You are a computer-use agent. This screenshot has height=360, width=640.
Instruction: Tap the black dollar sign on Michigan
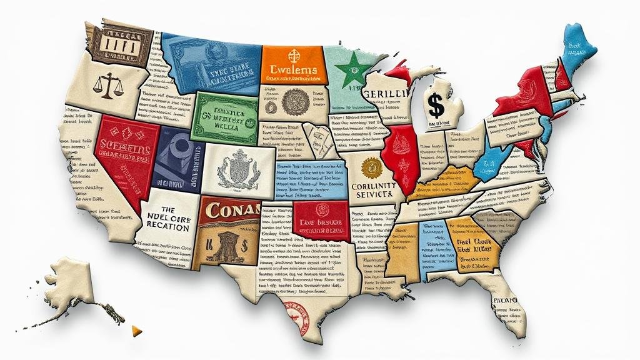[x=437, y=106]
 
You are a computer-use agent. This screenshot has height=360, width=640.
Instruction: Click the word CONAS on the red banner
[x=229, y=211]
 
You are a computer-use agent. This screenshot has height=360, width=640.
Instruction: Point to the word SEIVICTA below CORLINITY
[x=372, y=195]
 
